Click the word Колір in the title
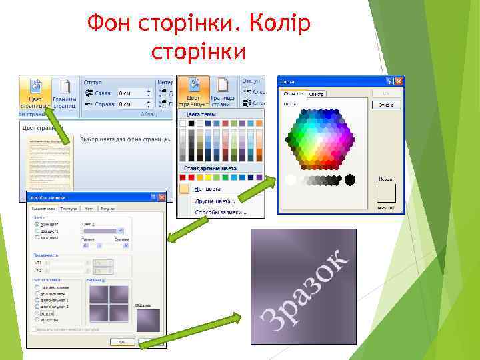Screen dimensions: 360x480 (x=280, y=25)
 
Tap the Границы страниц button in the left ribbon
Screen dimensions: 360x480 (x=65, y=93)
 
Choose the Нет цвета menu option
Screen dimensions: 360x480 (x=208, y=189)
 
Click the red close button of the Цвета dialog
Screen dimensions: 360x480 (x=399, y=81)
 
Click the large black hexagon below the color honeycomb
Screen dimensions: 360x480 (x=349, y=179)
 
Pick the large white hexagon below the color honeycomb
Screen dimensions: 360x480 (x=291, y=179)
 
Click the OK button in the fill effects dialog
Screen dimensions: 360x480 (x=122, y=341)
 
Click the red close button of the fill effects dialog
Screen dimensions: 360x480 (x=161, y=197)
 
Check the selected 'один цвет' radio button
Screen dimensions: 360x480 (x=36, y=225)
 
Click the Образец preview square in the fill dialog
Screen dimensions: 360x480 (x=148, y=319)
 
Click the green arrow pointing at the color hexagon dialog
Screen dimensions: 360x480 (x=257, y=189)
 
